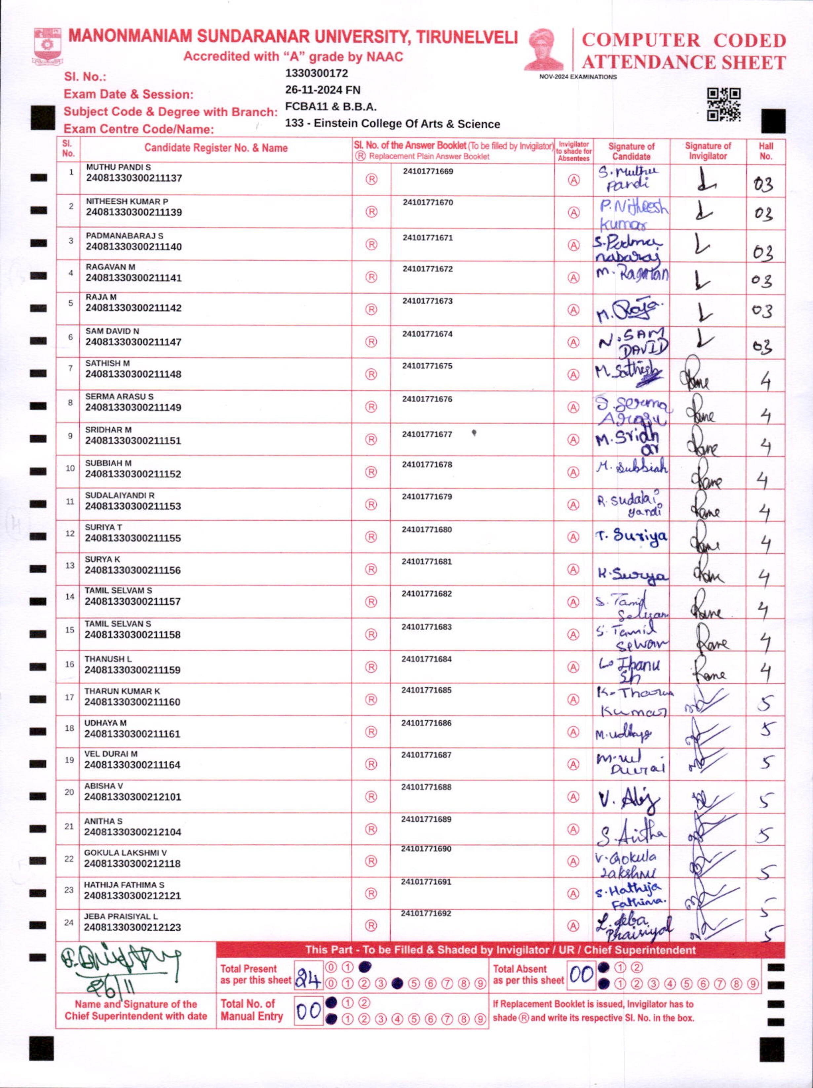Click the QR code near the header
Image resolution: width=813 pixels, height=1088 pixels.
723,104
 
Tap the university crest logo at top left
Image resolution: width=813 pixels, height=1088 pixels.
47,46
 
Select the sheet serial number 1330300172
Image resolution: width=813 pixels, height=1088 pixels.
316,73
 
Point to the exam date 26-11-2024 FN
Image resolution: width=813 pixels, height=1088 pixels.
323,90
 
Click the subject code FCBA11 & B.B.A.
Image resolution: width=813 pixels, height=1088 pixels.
330,107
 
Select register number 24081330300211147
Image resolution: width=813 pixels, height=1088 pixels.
133,342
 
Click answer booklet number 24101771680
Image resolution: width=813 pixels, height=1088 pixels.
426,529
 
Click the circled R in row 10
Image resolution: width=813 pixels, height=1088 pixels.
371,472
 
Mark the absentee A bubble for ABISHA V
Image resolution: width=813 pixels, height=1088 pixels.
573,796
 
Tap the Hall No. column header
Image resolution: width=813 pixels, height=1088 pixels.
765,151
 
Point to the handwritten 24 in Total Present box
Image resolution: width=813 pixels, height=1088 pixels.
308,981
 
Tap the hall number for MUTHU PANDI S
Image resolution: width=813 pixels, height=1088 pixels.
763,184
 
